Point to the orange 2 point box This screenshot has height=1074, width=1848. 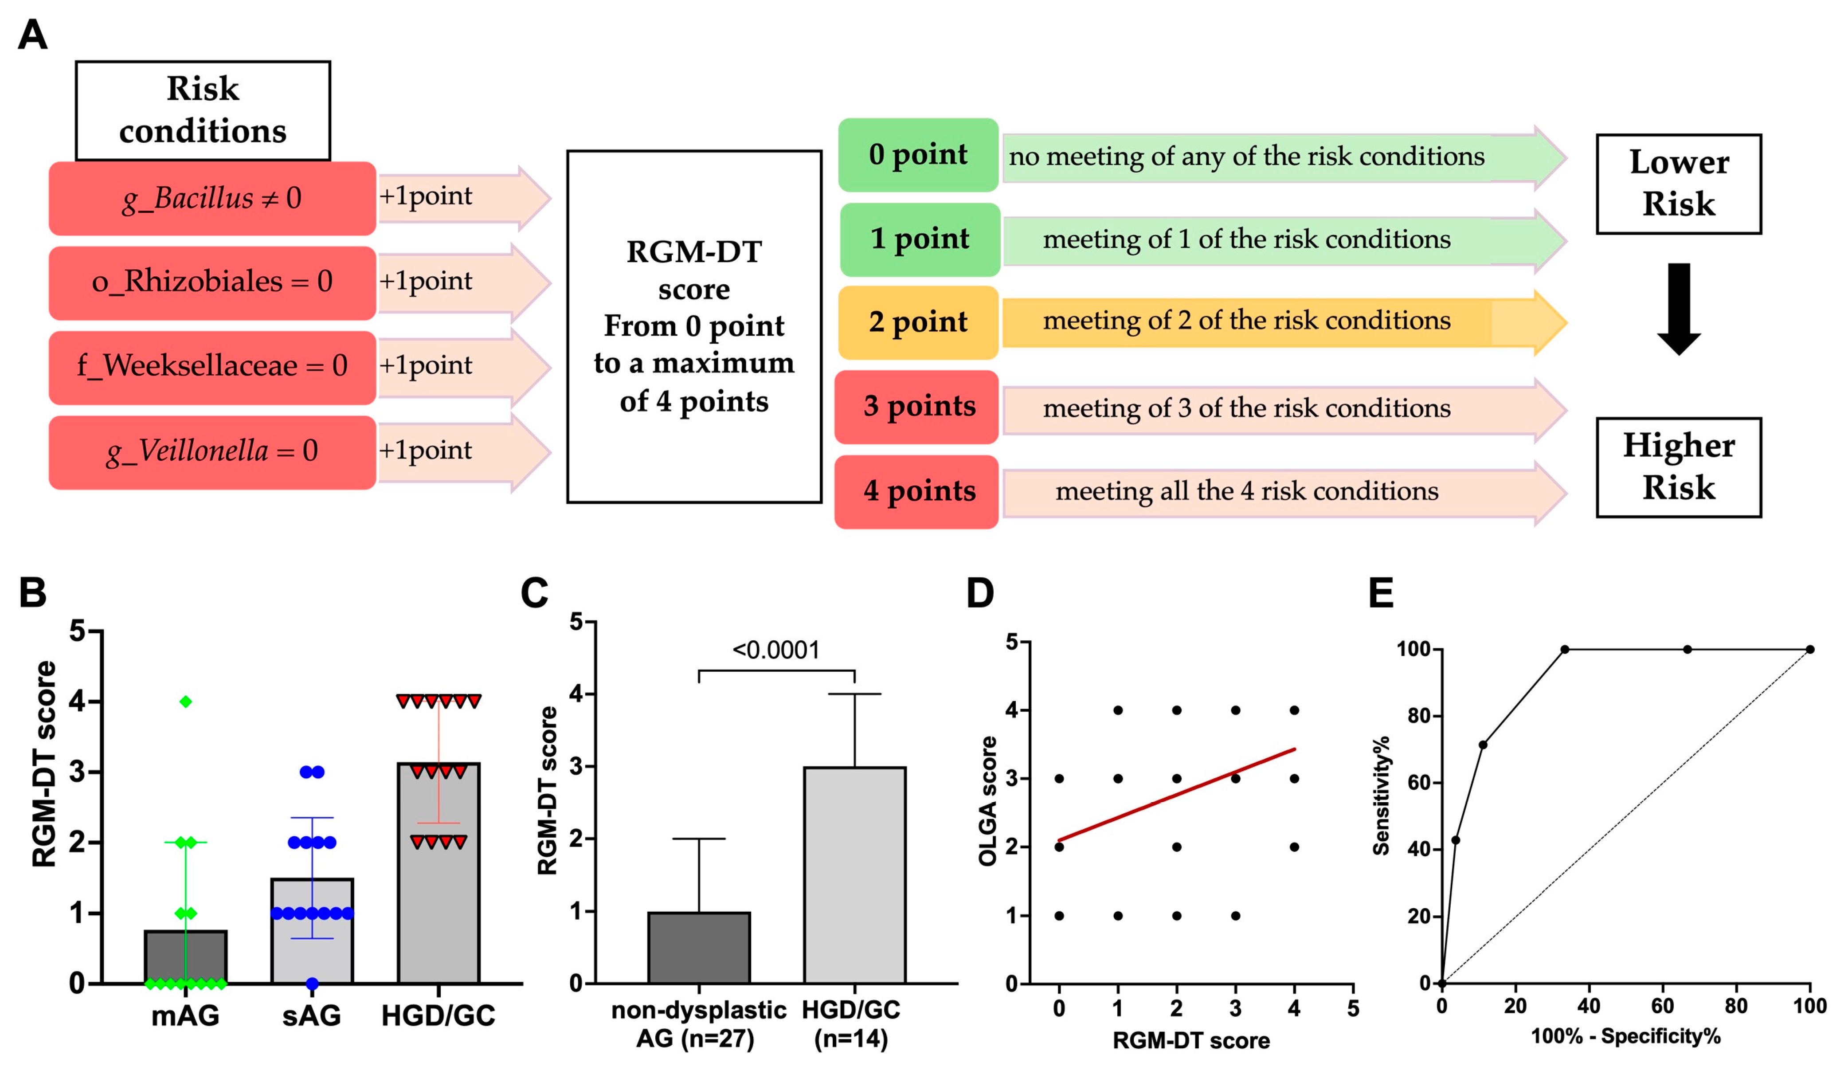pyautogui.click(x=918, y=323)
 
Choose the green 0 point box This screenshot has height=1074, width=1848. pyautogui.click(x=918, y=155)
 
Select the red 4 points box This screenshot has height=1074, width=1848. pyautogui.click(x=916, y=491)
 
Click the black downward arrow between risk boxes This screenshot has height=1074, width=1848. pyautogui.click(x=1679, y=308)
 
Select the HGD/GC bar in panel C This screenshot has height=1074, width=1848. pyautogui.click(x=854, y=874)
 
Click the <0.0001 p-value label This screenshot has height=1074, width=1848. pyautogui.click(x=776, y=650)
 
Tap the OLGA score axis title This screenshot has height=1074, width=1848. pyautogui.click(x=988, y=801)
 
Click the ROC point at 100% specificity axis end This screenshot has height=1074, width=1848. pyautogui.click(x=1810, y=649)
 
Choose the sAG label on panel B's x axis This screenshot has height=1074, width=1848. pyautogui.click(x=312, y=1016)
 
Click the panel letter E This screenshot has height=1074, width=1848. pyautogui.click(x=1381, y=593)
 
